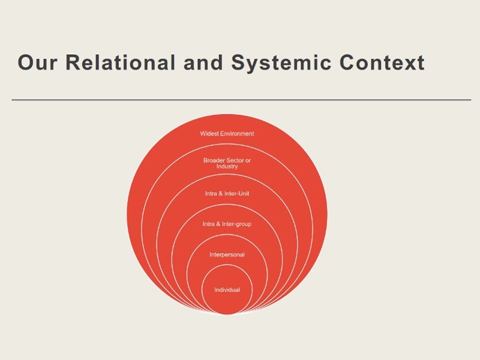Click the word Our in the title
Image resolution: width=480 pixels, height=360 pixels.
point(37,62)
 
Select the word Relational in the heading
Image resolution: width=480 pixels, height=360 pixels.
point(121,62)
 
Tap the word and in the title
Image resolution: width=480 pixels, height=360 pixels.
point(203,62)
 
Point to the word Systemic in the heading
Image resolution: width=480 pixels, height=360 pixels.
point(281,64)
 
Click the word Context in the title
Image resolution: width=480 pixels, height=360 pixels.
point(382,62)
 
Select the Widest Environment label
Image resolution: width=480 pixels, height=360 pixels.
point(227,133)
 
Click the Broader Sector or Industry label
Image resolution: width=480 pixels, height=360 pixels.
point(227,163)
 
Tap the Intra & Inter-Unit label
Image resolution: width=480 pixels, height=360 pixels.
point(227,193)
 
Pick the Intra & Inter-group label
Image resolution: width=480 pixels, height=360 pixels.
point(227,224)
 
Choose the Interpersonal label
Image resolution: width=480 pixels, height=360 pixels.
point(227,254)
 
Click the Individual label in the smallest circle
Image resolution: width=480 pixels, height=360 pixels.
point(227,290)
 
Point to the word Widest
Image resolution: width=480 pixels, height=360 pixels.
point(209,133)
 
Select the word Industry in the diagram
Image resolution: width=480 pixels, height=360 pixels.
point(227,167)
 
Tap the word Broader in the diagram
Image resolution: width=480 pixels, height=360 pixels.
point(214,160)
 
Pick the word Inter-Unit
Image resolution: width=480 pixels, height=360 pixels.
point(237,193)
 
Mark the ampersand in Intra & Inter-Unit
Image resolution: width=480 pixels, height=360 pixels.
point(220,193)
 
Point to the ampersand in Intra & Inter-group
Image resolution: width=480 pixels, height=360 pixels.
point(218,224)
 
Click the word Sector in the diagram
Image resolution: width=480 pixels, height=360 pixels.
point(235,160)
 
